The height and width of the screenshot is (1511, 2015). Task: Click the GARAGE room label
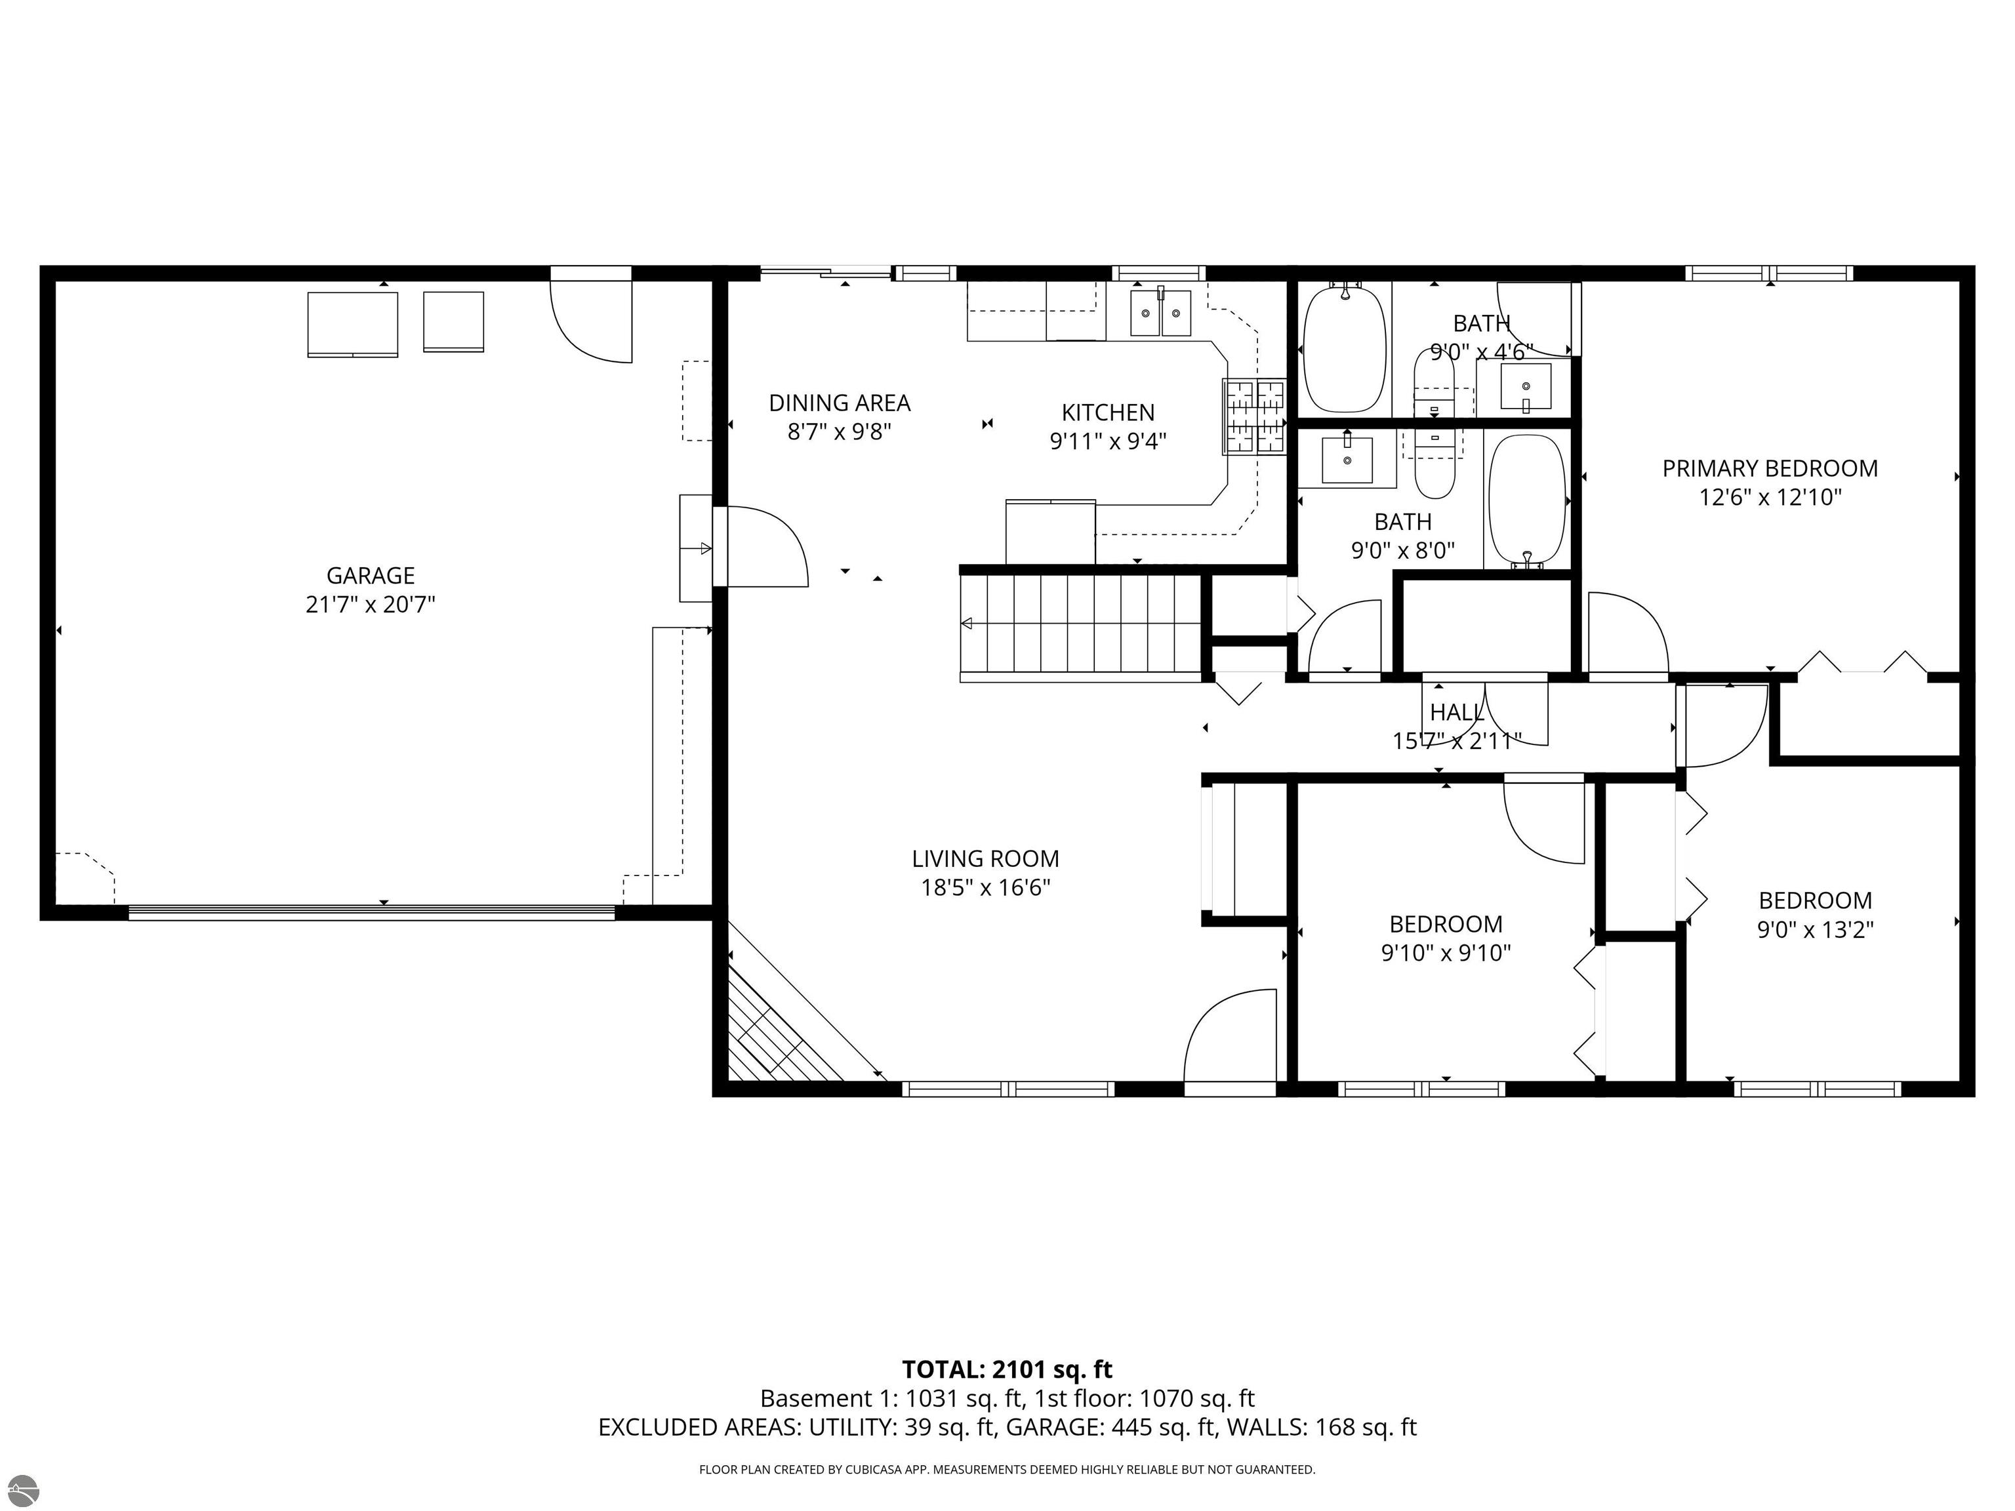click(x=370, y=576)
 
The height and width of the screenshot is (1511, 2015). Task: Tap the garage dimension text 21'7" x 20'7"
click(x=370, y=605)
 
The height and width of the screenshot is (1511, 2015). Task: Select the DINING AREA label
click(x=839, y=403)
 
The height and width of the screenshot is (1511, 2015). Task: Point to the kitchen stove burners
click(x=1253, y=417)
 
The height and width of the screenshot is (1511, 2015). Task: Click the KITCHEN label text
click(x=1108, y=412)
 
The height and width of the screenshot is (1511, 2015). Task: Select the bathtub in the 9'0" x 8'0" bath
click(x=1525, y=501)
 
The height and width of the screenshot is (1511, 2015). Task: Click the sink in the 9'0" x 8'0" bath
click(x=1347, y=460)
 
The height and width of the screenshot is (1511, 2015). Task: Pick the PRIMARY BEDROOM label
click(x=1769, y=468)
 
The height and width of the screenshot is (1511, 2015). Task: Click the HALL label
click(x=1457, y=712)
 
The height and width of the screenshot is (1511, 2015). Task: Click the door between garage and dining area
click(x=761, y=546)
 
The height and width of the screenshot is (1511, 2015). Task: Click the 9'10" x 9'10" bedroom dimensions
click(x=1446, y=953)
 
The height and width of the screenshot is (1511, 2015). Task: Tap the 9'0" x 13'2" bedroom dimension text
click(x=1814, y=929)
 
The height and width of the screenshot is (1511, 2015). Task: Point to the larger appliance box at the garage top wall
click(x=352, y=323)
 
